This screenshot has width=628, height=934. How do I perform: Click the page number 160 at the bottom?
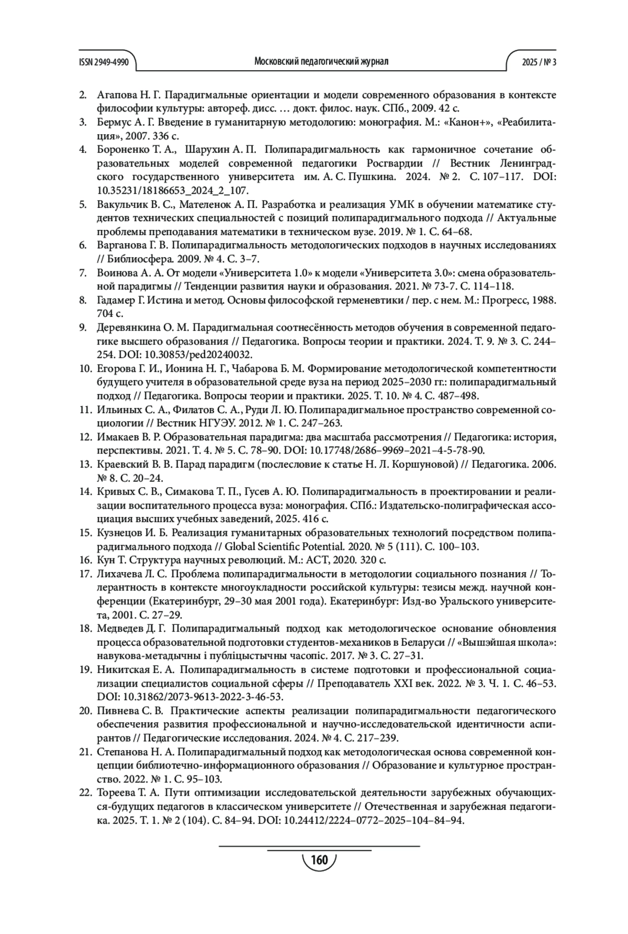(x=319, y=860)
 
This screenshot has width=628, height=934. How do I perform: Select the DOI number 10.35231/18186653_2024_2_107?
(x=173, y=191)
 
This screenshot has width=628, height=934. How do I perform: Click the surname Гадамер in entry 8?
(x=116, y=300)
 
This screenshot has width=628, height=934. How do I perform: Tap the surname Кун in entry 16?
(x=105, y=560)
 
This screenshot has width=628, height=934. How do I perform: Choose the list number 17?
(x=85, y=574)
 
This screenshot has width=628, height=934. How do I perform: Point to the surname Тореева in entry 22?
(x=117, y=793)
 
